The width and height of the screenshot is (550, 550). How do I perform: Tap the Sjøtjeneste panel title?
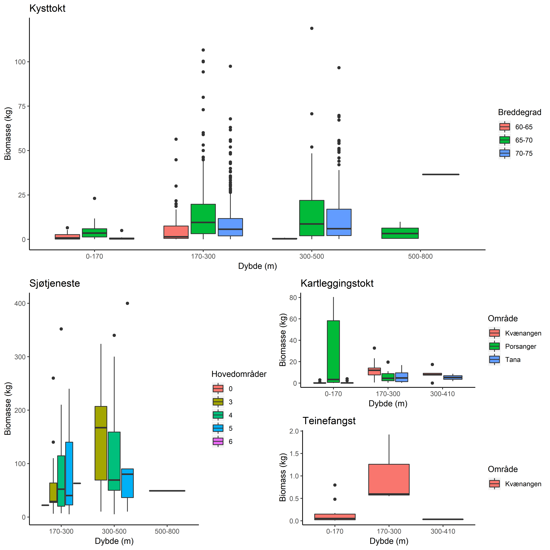click(55, 284)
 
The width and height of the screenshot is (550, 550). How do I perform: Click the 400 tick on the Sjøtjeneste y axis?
click(20, 303)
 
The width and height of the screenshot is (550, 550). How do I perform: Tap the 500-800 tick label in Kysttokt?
click(420, 257)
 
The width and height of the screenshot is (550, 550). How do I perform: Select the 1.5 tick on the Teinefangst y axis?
click(294, 454)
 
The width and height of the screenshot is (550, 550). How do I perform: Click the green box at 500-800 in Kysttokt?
click(400, 233)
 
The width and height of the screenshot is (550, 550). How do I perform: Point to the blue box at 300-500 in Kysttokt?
click(339, 222)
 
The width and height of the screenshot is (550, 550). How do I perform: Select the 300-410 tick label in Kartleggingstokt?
click(442, 394)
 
